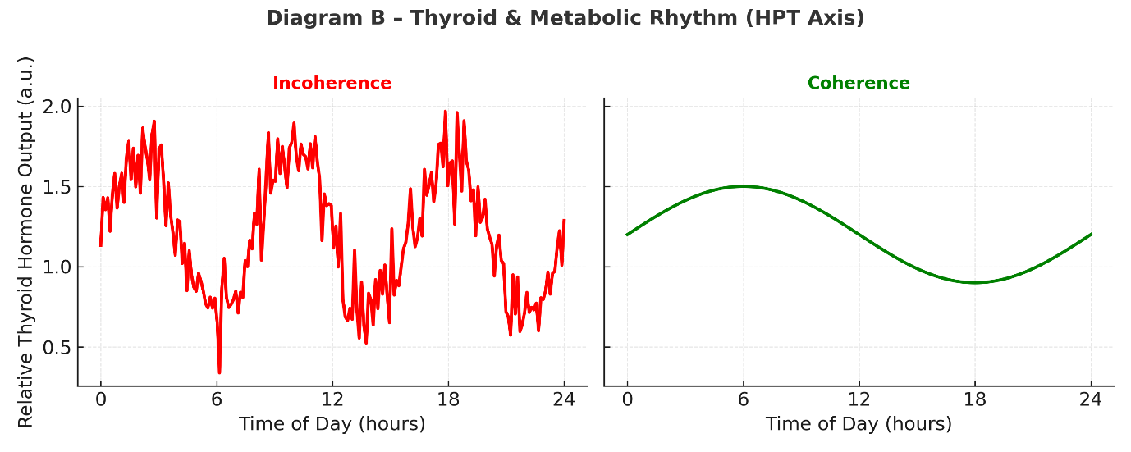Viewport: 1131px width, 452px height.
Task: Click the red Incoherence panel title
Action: (332, 83)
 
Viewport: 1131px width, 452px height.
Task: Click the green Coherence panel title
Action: (859, 83)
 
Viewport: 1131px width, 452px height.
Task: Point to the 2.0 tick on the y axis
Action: (57, 107)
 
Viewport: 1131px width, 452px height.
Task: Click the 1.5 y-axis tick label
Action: (57, 187)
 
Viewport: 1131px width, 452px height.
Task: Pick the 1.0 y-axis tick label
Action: (57, 267)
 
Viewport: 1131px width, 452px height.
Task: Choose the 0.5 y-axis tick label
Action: (57, 348)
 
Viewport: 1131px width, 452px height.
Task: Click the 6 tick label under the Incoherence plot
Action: (217, 401)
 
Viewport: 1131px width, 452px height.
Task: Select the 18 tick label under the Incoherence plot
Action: (448, 401)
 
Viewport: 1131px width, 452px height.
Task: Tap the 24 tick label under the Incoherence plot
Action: (564, 401)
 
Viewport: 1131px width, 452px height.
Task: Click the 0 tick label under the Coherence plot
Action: (627, 401)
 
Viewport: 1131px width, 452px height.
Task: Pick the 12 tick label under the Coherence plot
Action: (859, 401)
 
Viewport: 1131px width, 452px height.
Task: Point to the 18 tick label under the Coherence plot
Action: (975, 401)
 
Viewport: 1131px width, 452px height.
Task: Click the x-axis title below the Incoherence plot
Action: (332, 424)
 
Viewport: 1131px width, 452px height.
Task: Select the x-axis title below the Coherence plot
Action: (859, 424)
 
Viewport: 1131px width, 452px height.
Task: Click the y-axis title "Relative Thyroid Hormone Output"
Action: (25, 242)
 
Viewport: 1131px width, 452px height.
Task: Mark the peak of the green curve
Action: (743, 186)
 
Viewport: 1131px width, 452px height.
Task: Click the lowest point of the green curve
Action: (975, 282)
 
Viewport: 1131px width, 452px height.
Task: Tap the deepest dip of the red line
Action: (219, 372)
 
